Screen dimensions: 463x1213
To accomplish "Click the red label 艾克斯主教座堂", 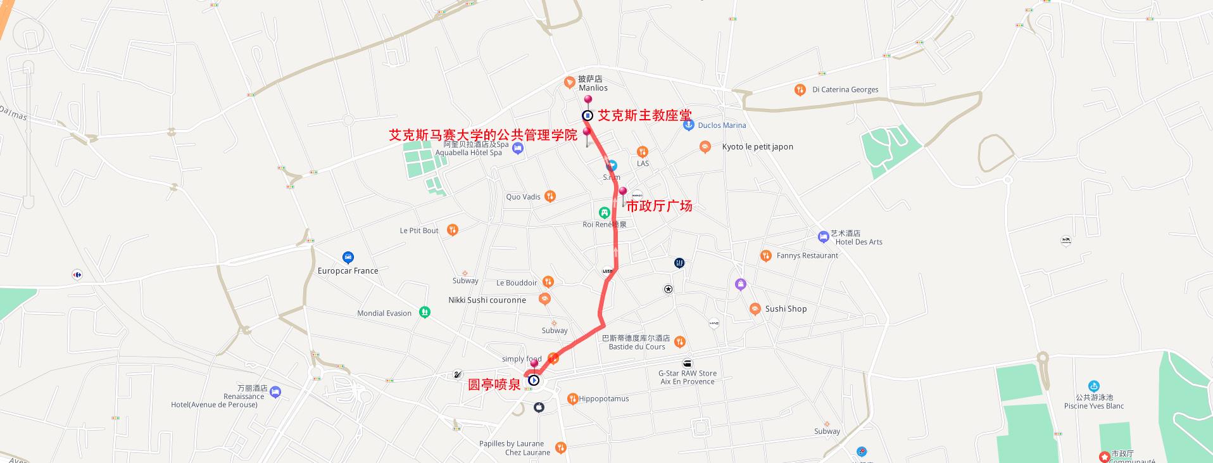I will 644,115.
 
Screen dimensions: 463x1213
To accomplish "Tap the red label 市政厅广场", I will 659,206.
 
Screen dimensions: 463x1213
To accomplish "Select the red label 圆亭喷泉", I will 494,384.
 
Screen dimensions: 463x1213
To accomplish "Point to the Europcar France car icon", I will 348,257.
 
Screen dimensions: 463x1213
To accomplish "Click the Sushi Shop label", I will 786,309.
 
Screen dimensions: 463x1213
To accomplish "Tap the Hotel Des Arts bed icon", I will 823,237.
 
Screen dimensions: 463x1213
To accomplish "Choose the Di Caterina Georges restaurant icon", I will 800,90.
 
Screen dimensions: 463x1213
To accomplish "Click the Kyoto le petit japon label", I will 757,147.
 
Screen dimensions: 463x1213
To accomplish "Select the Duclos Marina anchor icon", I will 689,125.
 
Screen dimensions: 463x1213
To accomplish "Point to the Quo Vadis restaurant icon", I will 550,196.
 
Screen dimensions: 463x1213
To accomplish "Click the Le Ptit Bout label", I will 419,231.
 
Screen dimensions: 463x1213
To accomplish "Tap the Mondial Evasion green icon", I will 425,312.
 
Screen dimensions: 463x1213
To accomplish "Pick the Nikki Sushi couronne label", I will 487,300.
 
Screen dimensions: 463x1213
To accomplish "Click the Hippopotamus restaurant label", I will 603,399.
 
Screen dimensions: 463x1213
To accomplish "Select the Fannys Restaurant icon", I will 766,256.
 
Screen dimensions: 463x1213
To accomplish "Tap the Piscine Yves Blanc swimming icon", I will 1093,386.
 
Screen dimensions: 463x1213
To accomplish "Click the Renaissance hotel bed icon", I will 275,392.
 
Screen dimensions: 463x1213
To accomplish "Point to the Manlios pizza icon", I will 570,83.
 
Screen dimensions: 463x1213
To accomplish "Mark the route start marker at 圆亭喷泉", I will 534,381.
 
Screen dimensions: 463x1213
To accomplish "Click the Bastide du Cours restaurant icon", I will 680,341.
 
